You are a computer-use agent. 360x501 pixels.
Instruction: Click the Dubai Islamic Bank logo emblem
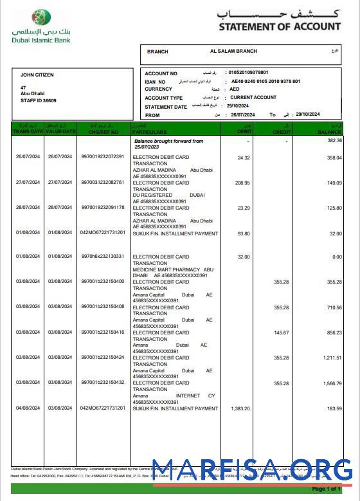[x=42, y=18]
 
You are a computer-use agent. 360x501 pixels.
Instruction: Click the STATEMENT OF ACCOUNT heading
[x=279, y=27]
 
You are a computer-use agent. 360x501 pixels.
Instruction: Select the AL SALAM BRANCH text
[x=233, y=51]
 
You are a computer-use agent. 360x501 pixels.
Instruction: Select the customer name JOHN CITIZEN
[x=37, y=75]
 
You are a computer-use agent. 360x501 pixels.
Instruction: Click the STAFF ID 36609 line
[x=39, y=101]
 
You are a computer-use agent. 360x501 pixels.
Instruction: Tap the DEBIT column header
[x=238, y=131]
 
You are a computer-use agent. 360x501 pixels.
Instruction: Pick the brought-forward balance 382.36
[x=334, y=140]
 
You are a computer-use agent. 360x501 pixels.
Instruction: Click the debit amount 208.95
[x=242, y=183]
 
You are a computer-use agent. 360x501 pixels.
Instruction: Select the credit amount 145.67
[x=281, y=332]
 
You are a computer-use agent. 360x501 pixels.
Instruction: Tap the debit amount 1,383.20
[x=240, y=408]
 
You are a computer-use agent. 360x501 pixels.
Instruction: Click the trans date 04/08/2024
[x=28, y=408]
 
